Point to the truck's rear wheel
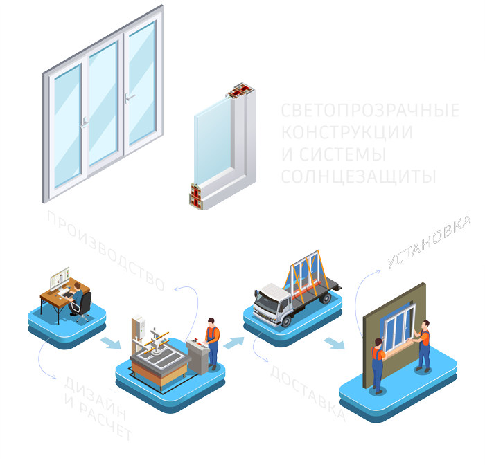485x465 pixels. [324, 299]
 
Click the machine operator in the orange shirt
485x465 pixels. [213, 343]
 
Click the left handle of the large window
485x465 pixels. [84, 124]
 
